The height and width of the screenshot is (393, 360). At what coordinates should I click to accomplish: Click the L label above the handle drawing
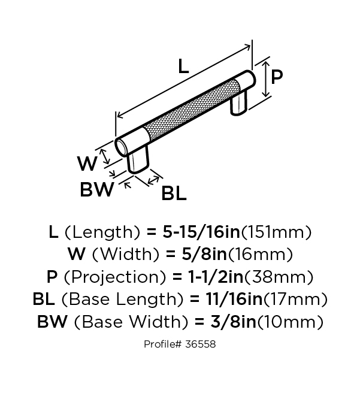pos(183,66)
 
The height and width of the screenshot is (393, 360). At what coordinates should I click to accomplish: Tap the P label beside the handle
pos(277,77)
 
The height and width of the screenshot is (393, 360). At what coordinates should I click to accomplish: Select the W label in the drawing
pos(87,163)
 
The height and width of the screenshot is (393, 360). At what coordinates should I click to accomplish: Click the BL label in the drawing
pos(174,193)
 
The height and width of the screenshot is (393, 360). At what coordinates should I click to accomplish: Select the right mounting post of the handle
pos(239,103)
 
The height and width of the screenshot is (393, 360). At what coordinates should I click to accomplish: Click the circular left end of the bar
pos(121,148)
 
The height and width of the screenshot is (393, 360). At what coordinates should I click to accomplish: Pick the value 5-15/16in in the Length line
pos(201,232)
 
